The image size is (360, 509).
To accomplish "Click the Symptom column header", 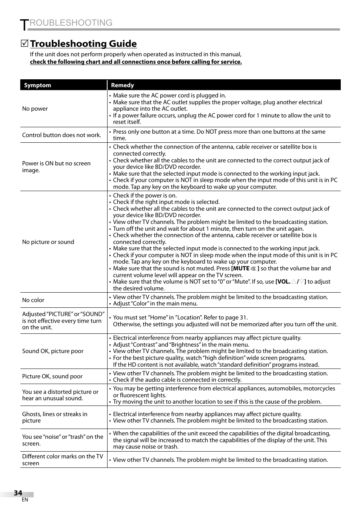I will click(37, 85).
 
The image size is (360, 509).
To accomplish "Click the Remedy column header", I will click(122, 85).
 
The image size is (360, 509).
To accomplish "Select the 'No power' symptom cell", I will click(35, 109).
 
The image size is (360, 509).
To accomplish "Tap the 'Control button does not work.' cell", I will click(62, 135).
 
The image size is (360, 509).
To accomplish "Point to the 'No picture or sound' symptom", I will click(48, 242).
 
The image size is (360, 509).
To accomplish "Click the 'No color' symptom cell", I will click(33, 300).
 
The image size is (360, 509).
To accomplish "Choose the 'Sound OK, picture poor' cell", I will click(53, 351).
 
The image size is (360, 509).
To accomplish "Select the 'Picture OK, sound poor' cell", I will click(52, 376).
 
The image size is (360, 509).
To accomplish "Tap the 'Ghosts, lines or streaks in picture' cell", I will click(55, 417).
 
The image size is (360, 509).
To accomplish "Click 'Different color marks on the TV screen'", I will click(62, 460).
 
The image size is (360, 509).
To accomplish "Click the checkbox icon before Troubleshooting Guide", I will click(25, 44).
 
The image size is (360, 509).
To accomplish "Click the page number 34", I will click(18, 493).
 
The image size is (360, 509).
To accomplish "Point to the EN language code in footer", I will click(25, 500).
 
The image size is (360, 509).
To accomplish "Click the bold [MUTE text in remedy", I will click(240, 268).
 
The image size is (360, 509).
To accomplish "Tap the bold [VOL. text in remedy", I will click(283, 282).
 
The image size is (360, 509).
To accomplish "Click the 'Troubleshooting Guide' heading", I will click(83, 44).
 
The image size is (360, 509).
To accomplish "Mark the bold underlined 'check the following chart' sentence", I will click(136, 62).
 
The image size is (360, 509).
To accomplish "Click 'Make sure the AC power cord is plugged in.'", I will click(169, 96).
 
